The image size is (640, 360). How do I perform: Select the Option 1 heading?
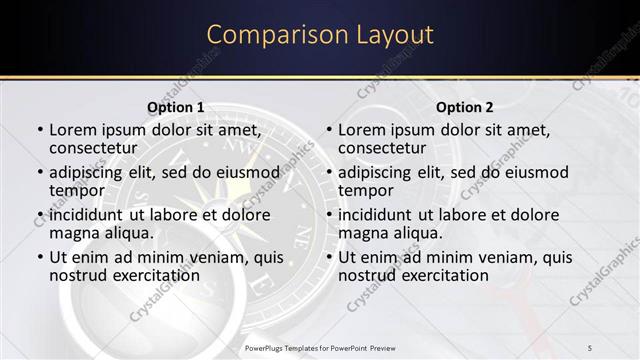[175, 107]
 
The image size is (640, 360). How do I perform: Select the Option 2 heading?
[465, 107]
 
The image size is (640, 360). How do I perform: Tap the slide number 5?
[590, 347]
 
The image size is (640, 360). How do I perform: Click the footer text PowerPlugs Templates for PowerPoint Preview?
[320, 347]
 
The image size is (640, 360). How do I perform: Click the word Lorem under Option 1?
[72, 130]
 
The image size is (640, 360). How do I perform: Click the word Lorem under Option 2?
[361, 130]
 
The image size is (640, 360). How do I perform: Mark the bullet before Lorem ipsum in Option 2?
[328, 131]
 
